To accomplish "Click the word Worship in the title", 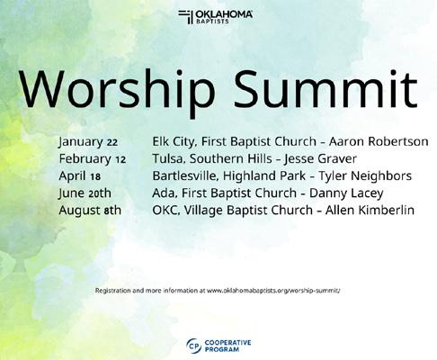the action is click(117, 91).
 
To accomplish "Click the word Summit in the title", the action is click(326, 88).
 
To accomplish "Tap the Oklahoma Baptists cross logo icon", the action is click(185, 17).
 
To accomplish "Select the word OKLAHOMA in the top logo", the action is click(224, 14).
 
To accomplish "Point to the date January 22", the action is click(88, 142).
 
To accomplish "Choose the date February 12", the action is click(93, 159).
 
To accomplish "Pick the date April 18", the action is click(80, 176).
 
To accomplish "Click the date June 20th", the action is click(85, 193).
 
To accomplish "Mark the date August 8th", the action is click(90, 211).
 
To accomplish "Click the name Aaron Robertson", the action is click(379, 141).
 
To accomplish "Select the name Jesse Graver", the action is click(320, 158).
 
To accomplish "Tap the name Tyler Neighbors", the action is click(365, 176).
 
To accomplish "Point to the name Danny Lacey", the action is click(346, 193).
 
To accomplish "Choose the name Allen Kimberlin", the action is click(370, 210).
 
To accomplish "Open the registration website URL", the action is click(273, 291).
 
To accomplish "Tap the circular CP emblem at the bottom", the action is click(193, 346).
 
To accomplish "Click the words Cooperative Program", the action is click(227, 346).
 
